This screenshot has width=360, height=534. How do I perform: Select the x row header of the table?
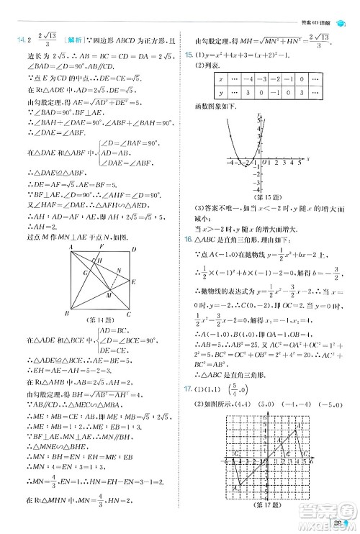[220, 78]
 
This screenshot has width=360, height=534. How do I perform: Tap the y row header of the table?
[220, 93]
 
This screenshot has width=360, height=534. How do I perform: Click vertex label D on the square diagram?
[135, 247]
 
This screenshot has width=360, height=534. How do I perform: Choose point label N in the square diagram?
[119, 271]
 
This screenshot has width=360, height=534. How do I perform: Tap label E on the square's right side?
[135, 283]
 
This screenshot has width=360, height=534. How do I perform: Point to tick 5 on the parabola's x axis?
[299, 163]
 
